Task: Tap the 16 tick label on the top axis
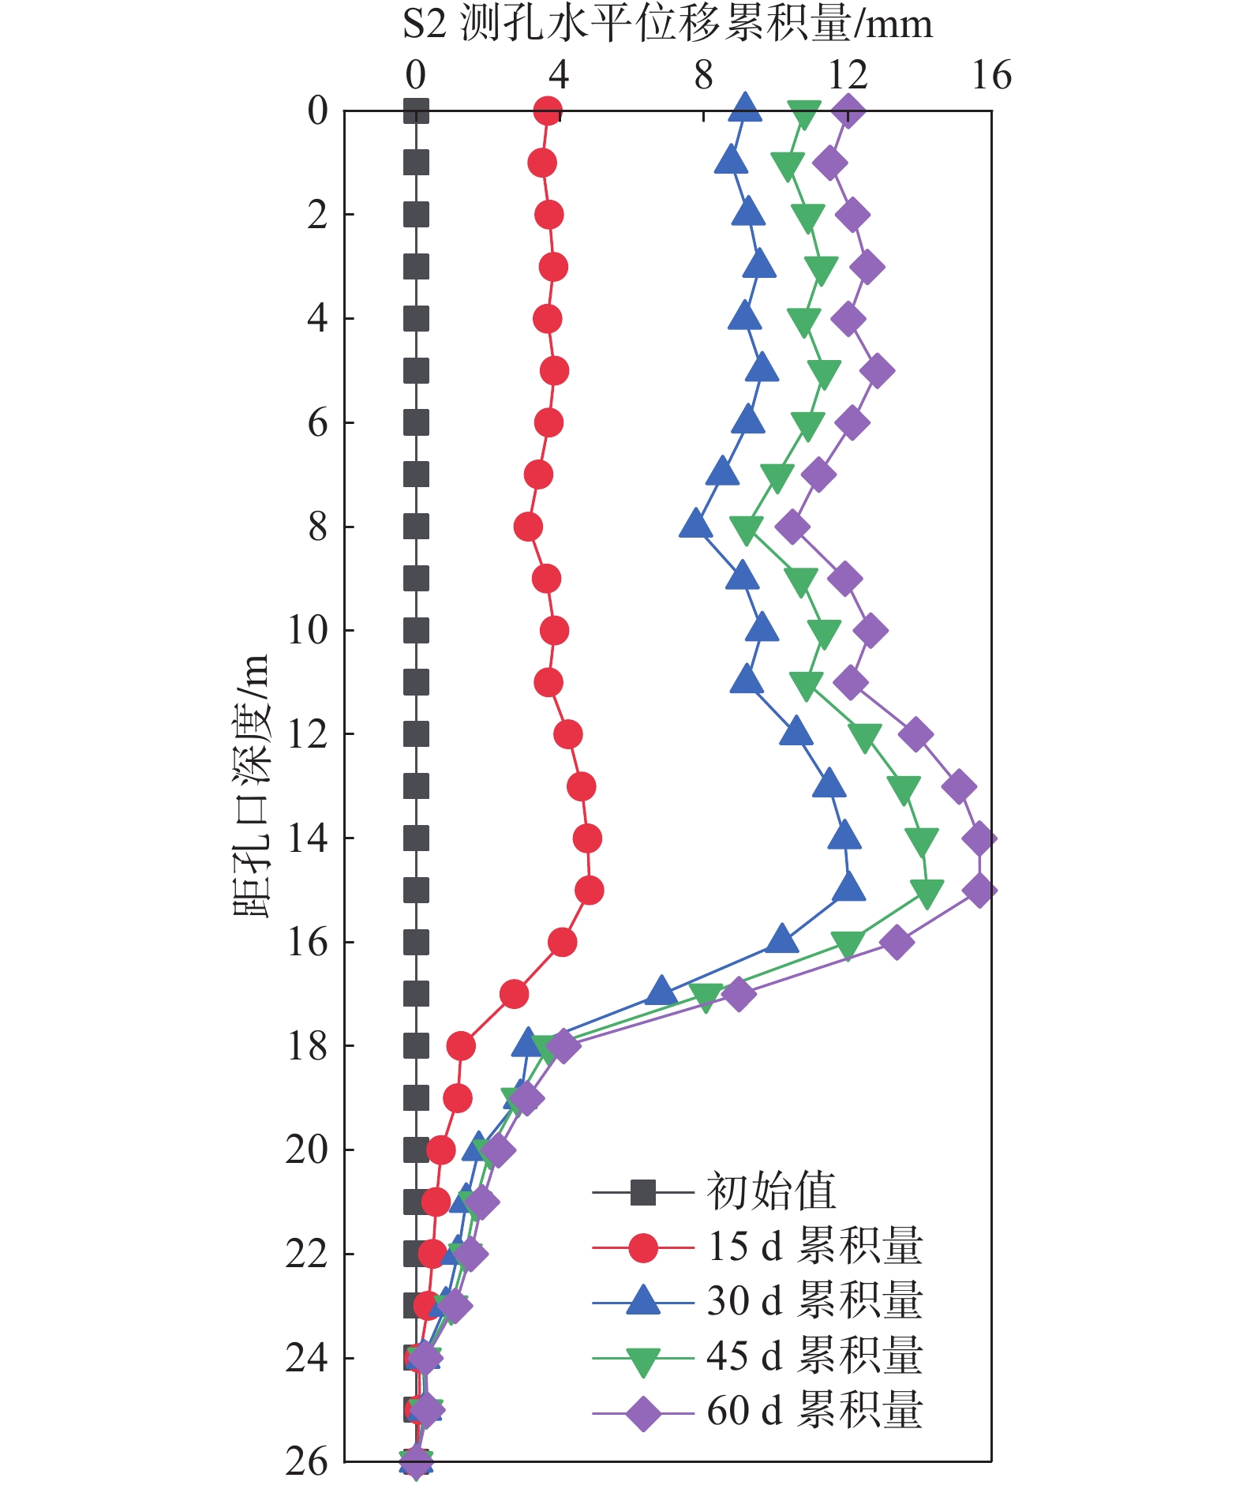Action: pyautogui.click(x=990, y=77)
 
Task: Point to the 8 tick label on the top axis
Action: pyautogui.click(x=703, y=77)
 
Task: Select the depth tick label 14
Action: pyautogui.click(x=307, y=838)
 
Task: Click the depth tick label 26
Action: pyautogui.click(x=307, y=1461)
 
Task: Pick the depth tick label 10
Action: pyautogui.click(x=307, y=630)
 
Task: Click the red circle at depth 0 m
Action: pyautogui.click(x=547, y=111)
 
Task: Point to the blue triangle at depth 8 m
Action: pyautogui.click(x=695, y=524)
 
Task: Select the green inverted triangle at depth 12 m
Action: pyautogui.click(x=865, y=737)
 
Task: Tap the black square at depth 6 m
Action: pyautogui.click(x=416, y=422)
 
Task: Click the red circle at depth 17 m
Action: pyautogui.click(x=514, y=994)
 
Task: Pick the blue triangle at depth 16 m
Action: pyautogui.click(x=781, y=940)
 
